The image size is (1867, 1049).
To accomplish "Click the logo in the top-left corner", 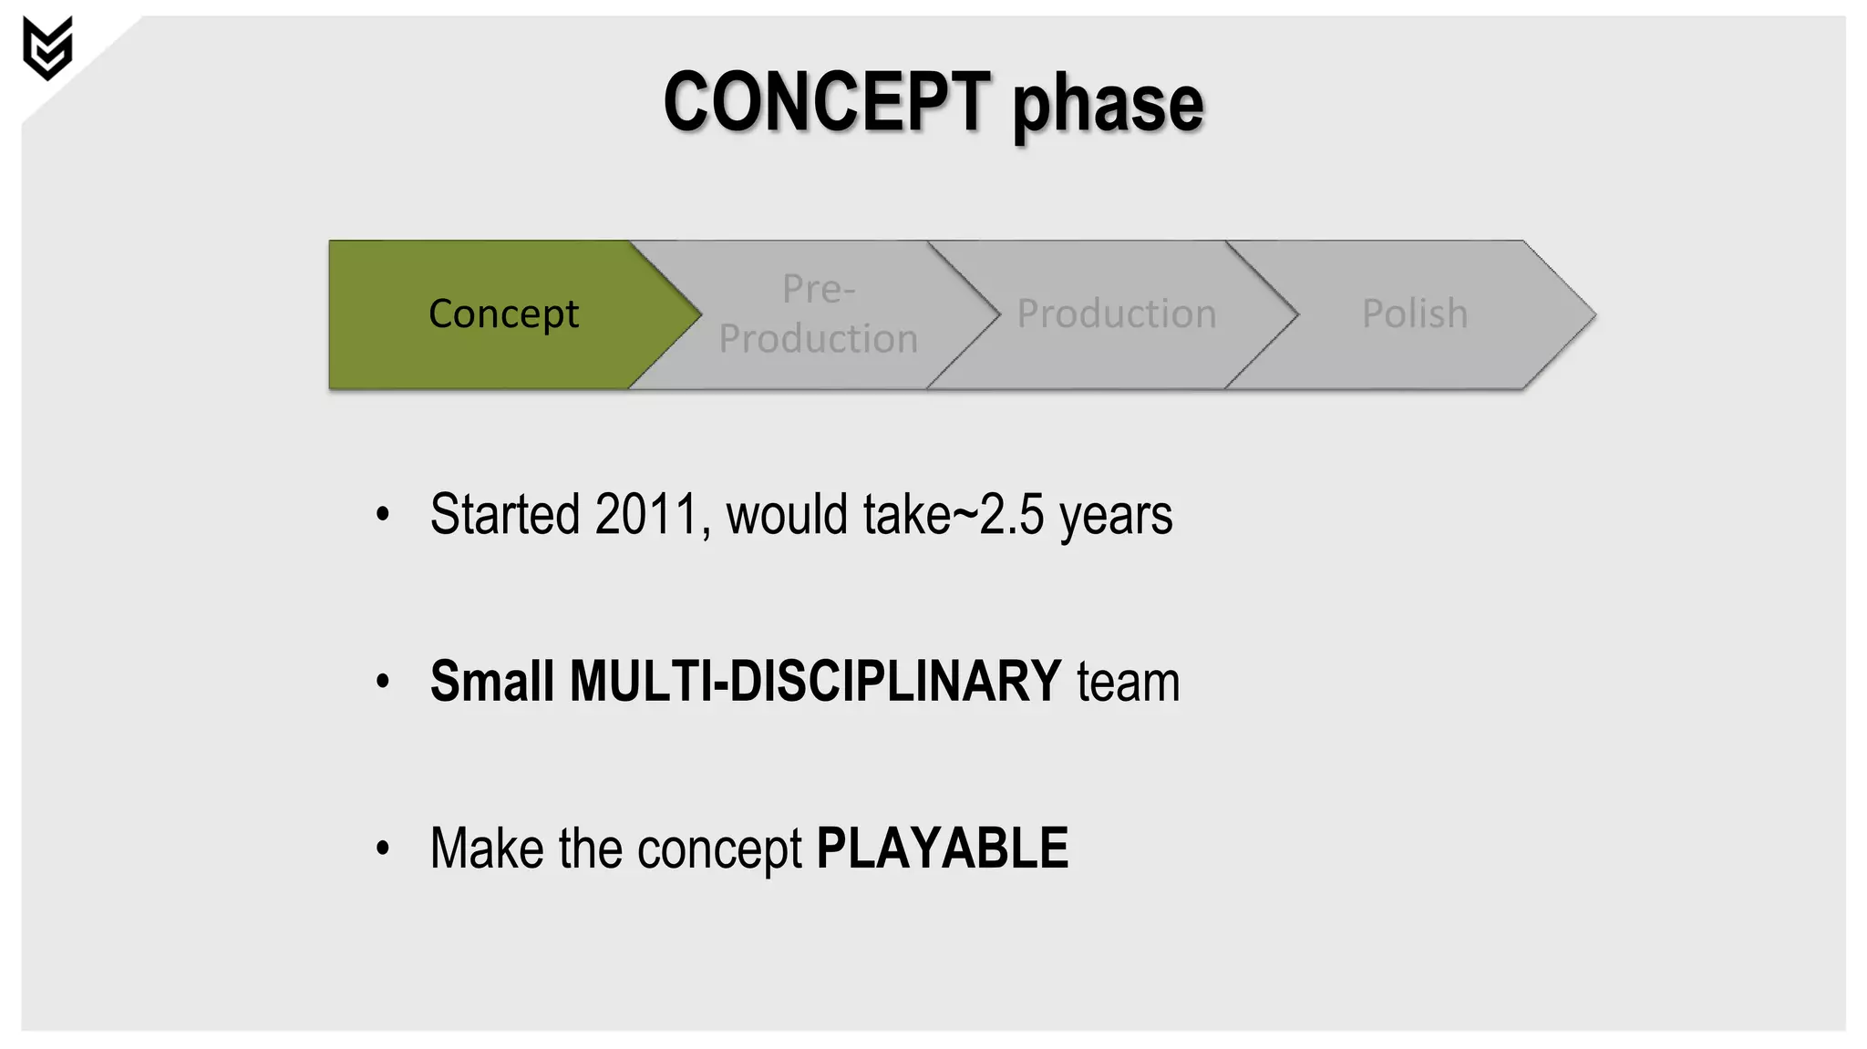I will click(x=47, y=48).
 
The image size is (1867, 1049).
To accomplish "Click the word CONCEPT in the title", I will click(x=826, y=102).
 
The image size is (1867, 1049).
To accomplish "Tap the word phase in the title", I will click(x=1108, y=106).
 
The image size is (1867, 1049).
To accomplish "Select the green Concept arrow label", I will click(x=503, y=314).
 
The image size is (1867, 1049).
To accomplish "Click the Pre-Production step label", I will click(x=818, y=314).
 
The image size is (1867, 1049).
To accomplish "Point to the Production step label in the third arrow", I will click(x=1116, y=314).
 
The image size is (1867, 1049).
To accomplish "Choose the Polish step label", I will click(x=1414, y=314).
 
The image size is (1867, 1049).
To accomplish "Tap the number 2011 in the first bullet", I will click(x=646, y=515).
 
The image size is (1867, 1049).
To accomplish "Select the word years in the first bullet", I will click(x=1116, y=517).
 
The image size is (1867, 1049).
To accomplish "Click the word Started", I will click(x=504, y=515).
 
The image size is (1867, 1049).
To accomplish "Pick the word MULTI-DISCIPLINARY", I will click(x=815, y=682).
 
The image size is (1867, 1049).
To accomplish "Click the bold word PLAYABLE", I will click(x=942, y=849).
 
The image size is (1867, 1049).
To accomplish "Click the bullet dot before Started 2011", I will click(x=383, y=515).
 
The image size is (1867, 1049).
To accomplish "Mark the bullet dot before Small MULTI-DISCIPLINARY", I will click(x=383, y=682).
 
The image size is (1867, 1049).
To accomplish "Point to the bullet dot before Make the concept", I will click(x=383, y=848).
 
